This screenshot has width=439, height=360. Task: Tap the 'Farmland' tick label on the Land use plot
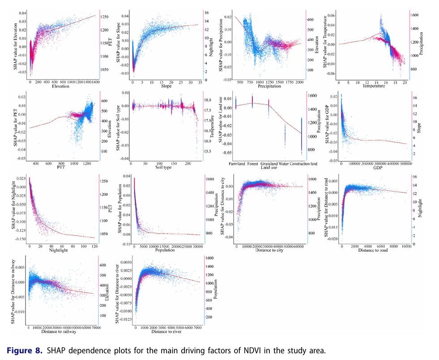[x=236, y=164]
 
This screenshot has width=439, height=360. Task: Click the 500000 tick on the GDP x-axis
[x=406, y=164]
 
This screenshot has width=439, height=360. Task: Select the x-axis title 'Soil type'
[x=164, y=168]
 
